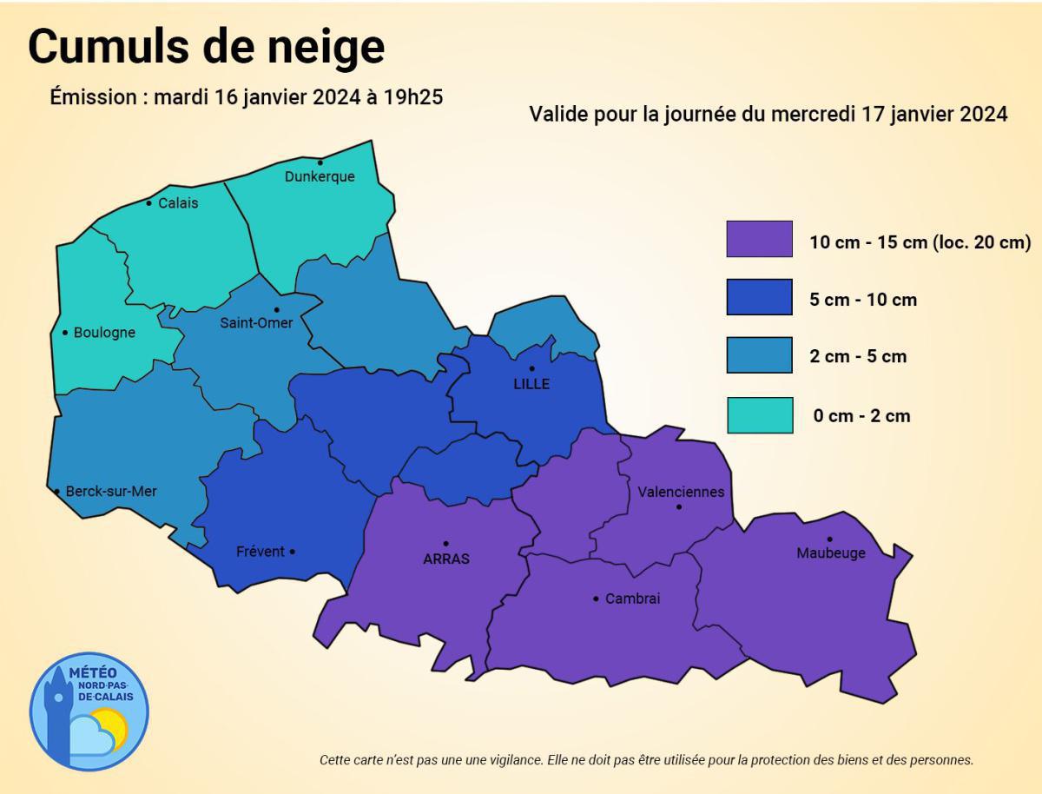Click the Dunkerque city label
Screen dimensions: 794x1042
(x=320, y=176)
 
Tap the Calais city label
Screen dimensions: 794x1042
(x=178, y=203)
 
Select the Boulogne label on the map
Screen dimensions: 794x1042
(x=104, y=332)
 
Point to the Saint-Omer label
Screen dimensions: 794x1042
(x=256, y=323)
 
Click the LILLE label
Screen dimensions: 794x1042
(x=531, y=384)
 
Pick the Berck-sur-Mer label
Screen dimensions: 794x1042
(x=111, y=491)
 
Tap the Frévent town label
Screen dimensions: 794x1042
(x=260, y=552)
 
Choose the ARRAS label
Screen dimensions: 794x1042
(x=446, y=559)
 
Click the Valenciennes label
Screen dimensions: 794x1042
(x=681, y=492)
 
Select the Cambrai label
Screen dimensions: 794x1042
(x=632, y=599)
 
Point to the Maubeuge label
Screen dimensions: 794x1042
(x=831, y=553)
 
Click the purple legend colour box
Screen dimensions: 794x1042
(x=759, y=239)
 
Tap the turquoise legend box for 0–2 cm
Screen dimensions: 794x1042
(x=759, y=415)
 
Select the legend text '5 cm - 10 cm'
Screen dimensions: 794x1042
(x=863, y=300)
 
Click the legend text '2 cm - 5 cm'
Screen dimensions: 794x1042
(x=858, y=356)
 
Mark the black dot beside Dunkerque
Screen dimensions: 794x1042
(x=320, y=162)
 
